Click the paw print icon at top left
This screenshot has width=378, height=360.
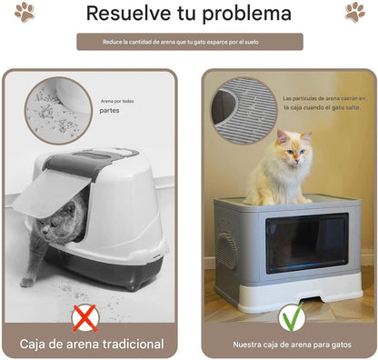coord(24,13)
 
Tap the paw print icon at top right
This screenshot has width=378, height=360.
coord(354,13)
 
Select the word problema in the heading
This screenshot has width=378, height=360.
coord(245,15)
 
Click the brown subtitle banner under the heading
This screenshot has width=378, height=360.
coord(189,42)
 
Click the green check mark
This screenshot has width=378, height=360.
coord(291,317)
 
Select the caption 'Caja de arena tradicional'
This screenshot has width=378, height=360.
coord(95,345)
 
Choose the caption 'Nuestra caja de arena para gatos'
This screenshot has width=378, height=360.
coord(290,345)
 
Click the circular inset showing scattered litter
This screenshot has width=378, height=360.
coord(58,110)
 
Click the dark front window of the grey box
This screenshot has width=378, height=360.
coord(305,242)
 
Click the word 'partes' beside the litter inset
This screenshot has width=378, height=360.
coord(109,112)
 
